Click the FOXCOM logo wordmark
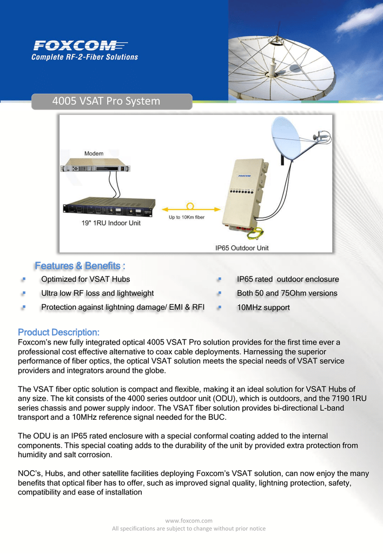81,45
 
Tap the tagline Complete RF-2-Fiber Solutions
85,57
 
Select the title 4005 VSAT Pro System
106,101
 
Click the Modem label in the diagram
94,153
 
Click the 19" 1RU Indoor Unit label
111,223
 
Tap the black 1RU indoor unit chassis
109,207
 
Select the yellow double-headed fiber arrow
191,209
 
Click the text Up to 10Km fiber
187,217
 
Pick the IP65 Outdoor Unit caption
242,248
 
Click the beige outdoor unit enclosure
245,194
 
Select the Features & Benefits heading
80,266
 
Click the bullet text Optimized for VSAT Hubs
85,279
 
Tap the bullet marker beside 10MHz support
220,307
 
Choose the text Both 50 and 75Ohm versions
287,293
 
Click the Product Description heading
58,332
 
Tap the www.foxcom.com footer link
189,520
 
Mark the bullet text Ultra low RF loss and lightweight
97,293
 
